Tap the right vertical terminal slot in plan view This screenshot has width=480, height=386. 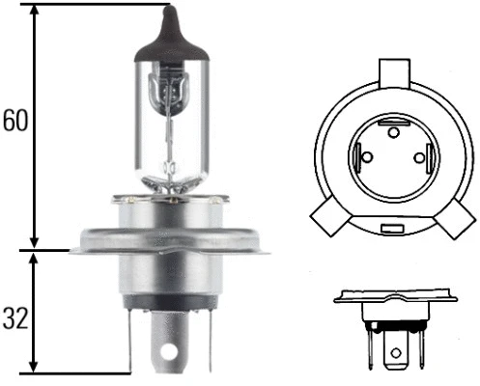coord(426,157)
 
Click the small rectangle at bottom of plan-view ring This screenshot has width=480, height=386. coord(393,229)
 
